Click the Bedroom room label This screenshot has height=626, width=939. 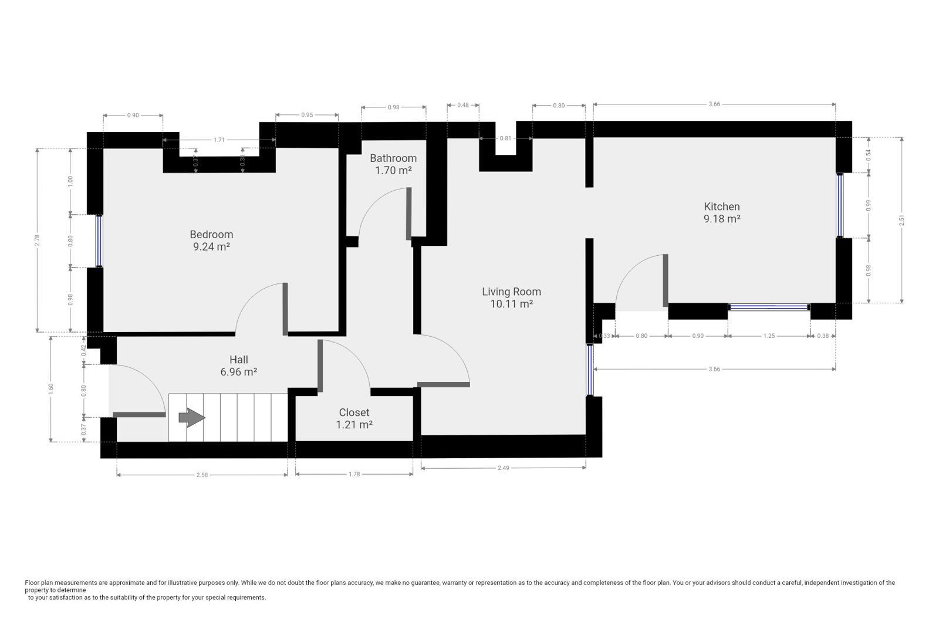211,241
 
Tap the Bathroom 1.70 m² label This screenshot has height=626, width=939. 393,164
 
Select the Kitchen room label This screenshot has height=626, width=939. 722,212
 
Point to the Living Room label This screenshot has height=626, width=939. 511,297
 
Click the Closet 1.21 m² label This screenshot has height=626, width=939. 354,418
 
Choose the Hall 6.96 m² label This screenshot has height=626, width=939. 238,366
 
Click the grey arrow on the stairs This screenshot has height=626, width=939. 191,418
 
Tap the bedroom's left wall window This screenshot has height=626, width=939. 99,241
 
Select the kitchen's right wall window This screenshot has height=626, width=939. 840,205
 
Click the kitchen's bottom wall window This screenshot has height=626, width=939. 769,307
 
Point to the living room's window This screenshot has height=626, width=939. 590,370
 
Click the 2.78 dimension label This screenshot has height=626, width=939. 38,240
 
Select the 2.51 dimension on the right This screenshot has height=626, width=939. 901,220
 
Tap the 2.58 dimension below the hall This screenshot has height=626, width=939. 202,475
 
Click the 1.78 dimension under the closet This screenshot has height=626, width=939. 354,474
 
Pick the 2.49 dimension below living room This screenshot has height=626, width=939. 504,468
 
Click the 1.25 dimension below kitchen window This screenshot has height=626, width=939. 769,336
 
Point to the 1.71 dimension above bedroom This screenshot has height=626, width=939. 219,140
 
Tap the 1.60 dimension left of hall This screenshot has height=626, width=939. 50,389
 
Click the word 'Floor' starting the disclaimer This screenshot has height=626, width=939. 32,583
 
